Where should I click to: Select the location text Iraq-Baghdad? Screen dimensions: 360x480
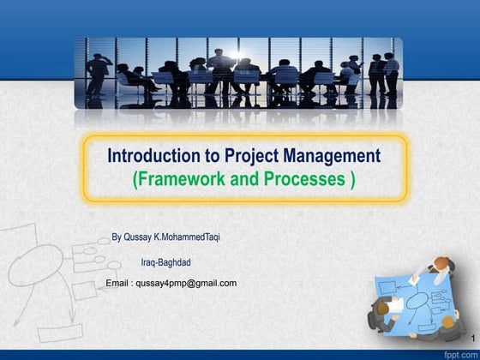pyautogui.click(x=165, y=263)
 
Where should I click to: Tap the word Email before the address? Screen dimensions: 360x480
pyautogui.click(x=117, y=283)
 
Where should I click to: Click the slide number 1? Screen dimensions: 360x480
pyautogui.click(x=471, y=341)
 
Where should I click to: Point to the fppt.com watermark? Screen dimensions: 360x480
pyautogui.click(x=458, y=353)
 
